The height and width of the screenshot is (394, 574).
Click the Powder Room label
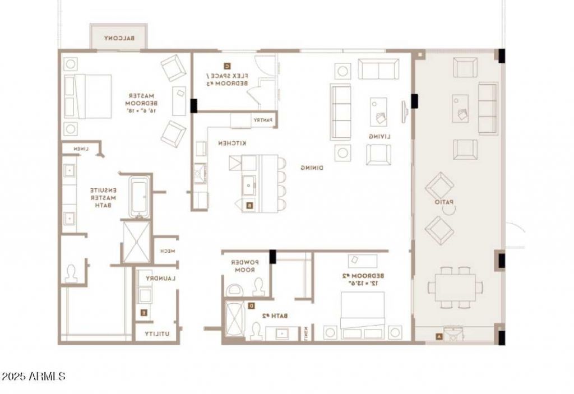(244, 266)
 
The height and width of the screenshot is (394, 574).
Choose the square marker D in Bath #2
(251, 306)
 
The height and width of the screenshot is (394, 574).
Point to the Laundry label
(161, 278)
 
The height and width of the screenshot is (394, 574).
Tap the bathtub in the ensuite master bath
(139, 197)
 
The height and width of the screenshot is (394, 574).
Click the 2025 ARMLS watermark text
(34, 376)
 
